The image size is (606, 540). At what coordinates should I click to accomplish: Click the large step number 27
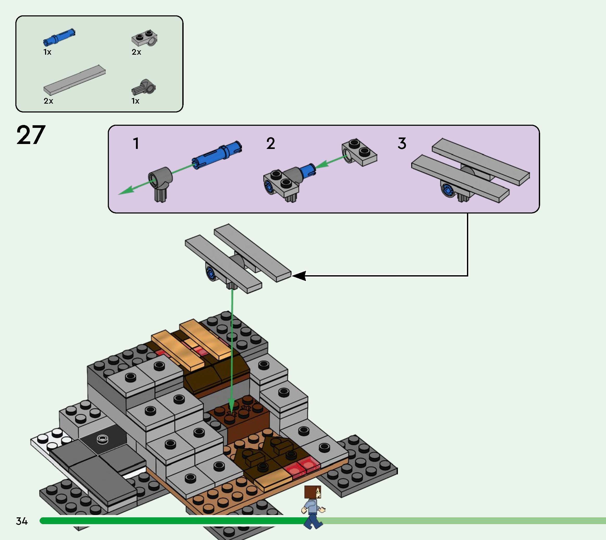31,135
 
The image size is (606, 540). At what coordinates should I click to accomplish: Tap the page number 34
22,521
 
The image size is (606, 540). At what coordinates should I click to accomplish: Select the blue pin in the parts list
59,37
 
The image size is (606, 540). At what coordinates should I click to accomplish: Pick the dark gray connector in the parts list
144,87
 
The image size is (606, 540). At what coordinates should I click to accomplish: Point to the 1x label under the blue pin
47,52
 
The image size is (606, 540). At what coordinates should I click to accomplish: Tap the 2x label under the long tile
48,101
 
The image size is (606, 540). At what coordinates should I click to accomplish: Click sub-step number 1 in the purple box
136,144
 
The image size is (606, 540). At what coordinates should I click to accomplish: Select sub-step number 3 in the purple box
402,144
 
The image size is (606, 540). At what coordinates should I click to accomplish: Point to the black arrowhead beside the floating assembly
299,276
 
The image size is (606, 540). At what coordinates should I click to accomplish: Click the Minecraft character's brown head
313,493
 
